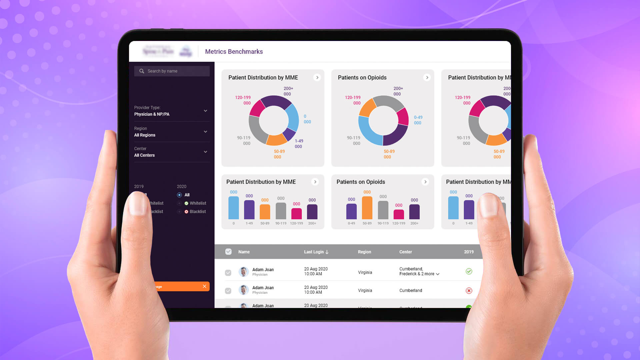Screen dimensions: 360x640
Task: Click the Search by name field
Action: [172, 71]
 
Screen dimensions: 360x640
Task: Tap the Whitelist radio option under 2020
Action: [179, 203]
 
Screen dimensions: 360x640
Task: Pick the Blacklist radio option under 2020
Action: [179, 212]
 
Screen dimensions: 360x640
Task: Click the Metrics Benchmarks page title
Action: [234, 52]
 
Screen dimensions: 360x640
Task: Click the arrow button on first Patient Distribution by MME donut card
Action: [317, 78]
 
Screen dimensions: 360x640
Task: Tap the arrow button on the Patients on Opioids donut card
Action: [427, 78]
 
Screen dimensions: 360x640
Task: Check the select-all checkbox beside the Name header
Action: [228, 252]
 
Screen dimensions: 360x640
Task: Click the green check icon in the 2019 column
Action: [469, 271]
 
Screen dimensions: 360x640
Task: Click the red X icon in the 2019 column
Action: [469, 291]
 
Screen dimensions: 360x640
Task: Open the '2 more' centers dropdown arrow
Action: [438, 274]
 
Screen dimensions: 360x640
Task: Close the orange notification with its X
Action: [204, 286]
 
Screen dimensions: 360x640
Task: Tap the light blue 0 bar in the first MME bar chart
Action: [233, 208]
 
